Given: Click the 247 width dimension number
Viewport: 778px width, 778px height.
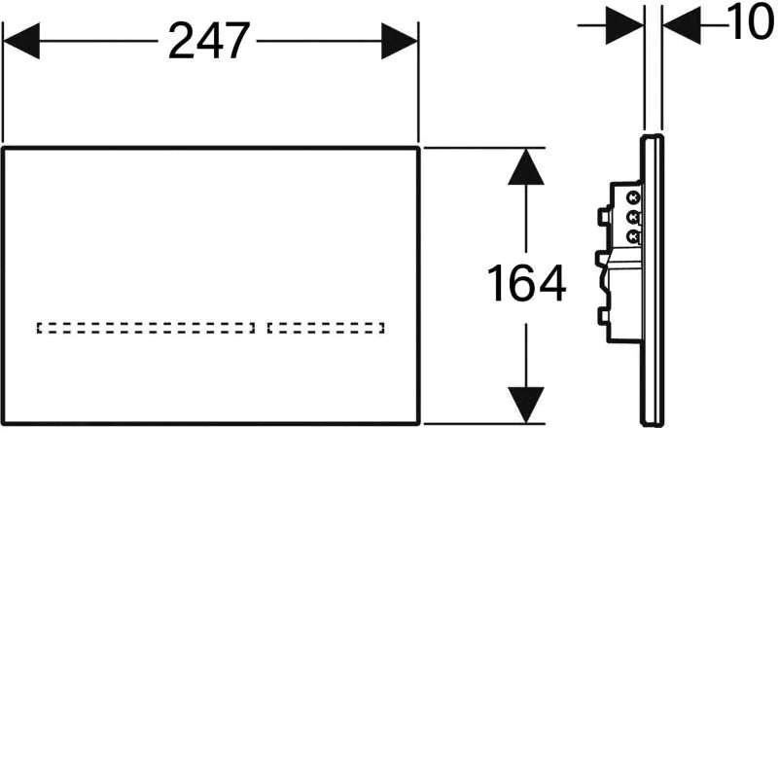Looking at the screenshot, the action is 209,41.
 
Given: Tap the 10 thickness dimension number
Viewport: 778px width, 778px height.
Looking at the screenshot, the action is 751,22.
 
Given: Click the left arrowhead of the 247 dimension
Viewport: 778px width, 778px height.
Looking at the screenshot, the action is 21,41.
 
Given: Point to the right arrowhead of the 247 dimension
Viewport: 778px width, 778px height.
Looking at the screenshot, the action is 400,41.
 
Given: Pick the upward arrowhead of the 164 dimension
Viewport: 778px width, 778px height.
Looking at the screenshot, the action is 526,167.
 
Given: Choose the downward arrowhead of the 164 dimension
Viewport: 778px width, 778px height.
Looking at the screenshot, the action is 526,406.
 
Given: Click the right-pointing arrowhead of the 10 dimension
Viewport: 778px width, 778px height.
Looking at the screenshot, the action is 624,25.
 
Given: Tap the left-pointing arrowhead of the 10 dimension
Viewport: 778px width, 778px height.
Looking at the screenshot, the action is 682,25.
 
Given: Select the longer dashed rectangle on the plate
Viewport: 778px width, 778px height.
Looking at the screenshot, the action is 146,328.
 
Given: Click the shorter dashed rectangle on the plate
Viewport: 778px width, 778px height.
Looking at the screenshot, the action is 326,328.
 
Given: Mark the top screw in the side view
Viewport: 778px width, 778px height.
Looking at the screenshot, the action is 633,197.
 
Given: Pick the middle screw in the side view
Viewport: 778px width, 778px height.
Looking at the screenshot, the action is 633,217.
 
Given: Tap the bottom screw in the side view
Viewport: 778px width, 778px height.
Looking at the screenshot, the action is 633,237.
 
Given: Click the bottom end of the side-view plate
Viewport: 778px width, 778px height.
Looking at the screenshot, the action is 652,425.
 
